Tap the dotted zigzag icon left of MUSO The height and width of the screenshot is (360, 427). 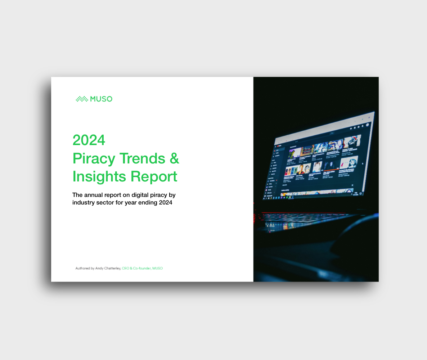[82, 99]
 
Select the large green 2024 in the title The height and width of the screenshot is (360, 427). [89, 140]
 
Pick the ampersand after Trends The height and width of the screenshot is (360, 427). [174, 158]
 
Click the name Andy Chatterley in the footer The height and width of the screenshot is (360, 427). [108, 268]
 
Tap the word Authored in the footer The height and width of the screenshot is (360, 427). [82, 268]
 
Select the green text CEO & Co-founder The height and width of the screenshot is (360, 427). [136, 268]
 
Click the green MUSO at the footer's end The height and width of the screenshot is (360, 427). [157, 268]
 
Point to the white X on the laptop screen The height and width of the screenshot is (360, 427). [352, 185]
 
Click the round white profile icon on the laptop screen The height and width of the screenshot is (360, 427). [368, 125]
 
